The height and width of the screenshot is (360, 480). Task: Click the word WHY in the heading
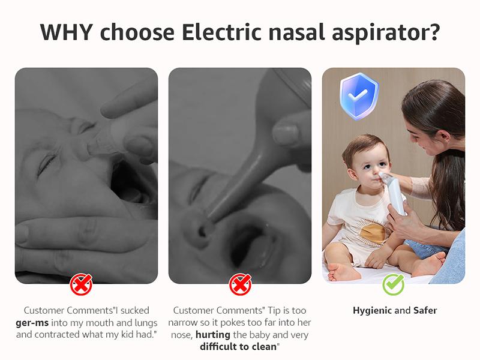(x=67, y=32)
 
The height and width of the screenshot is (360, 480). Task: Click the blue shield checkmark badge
(x=358, y=96)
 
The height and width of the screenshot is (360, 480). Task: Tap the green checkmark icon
(x=394, y=284)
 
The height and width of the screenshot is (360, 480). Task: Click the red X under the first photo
(x=81, y=284)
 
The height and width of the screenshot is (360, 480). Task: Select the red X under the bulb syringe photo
(x=240, y=284)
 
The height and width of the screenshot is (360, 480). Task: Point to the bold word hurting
(x=214, y=335)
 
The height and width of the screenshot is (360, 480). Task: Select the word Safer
(x=425, y=311)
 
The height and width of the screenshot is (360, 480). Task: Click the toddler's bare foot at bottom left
(x=339, y=271)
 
